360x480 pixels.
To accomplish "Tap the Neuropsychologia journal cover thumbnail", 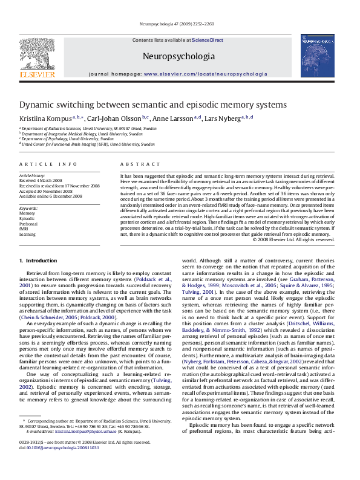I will click(318, 56).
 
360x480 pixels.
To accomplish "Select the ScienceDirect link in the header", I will click(208, 40).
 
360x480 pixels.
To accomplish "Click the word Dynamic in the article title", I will click(38, 105).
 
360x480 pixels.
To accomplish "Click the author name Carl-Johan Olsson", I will click(114, 118).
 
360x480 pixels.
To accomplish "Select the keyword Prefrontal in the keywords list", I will click(28, 223).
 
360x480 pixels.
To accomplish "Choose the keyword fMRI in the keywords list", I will click(25, 229).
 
